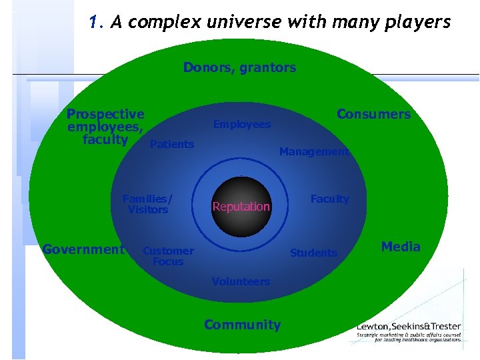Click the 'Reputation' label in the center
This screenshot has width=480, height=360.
(x=241, y=207)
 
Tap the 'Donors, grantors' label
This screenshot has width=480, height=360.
(x=239, y=67)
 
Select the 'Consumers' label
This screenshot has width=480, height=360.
(x=373, y=114)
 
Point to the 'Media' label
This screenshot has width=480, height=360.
(x=401, y=247)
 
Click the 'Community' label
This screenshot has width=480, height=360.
(x=242, y=325)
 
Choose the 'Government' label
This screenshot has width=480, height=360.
(x=83, y=249)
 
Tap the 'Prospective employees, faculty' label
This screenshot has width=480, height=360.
(x=105, y=127)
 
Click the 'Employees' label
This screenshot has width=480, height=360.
(x=241, y=125)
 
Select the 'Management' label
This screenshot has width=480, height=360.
(x=313, y=152)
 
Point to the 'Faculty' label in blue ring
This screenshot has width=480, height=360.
(x=329, y=199)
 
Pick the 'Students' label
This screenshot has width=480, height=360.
(x=313, y=253)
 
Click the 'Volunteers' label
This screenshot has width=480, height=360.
(x=241, y=281)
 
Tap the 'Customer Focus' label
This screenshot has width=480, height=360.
(x=168, y=256)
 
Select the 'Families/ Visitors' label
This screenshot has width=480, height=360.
(x=147, y=204)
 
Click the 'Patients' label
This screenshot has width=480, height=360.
(x=172, y=144)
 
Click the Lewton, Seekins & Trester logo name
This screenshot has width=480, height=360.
(x=408, y=326)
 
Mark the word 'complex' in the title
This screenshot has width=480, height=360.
(x=158, y=23)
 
